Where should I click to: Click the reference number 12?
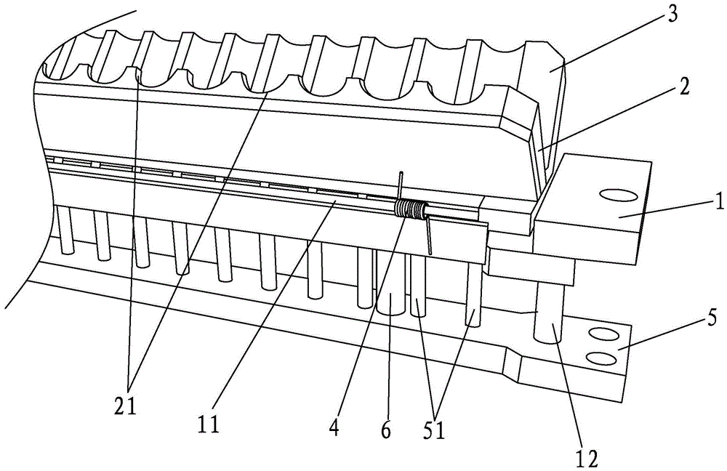point(587,458)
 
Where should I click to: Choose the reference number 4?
point(334,430)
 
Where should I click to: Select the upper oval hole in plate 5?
point(601,333)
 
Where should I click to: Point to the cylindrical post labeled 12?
point(547,313)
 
